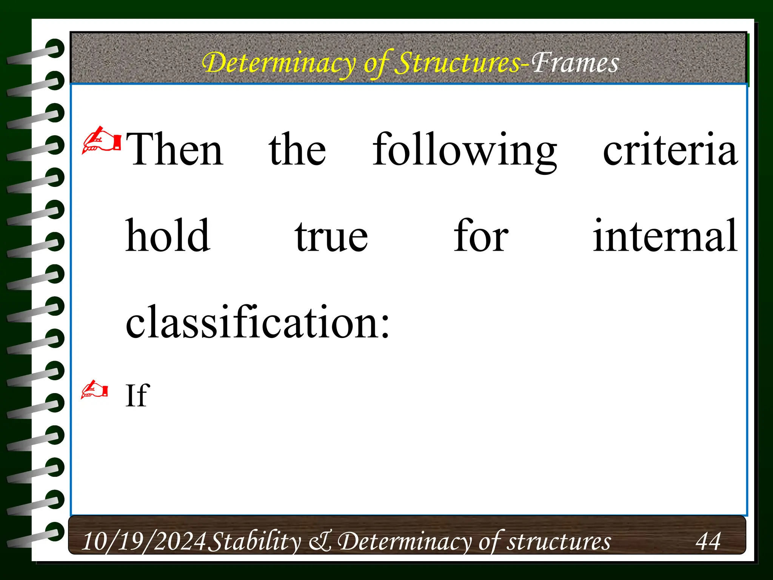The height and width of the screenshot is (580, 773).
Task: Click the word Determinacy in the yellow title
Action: (x=279, y=63)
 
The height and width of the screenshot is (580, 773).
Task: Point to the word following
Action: (x=465, y=150)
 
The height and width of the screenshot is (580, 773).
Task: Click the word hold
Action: (x=168, y=236)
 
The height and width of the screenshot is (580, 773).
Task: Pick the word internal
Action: (x=665, y=236)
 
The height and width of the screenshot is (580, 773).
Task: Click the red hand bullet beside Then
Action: (x=101, y=141)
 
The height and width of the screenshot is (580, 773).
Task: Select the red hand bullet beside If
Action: (x=94, y=390)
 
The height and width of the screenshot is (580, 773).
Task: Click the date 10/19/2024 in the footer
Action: (x=144, y=541)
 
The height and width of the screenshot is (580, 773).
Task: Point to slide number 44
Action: (x=708, y=541)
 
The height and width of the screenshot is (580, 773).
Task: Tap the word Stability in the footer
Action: (x=255, y=541)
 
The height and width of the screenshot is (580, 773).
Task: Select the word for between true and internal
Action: (x=481, y=236)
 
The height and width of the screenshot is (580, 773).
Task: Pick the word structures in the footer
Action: (x=559, y=541)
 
